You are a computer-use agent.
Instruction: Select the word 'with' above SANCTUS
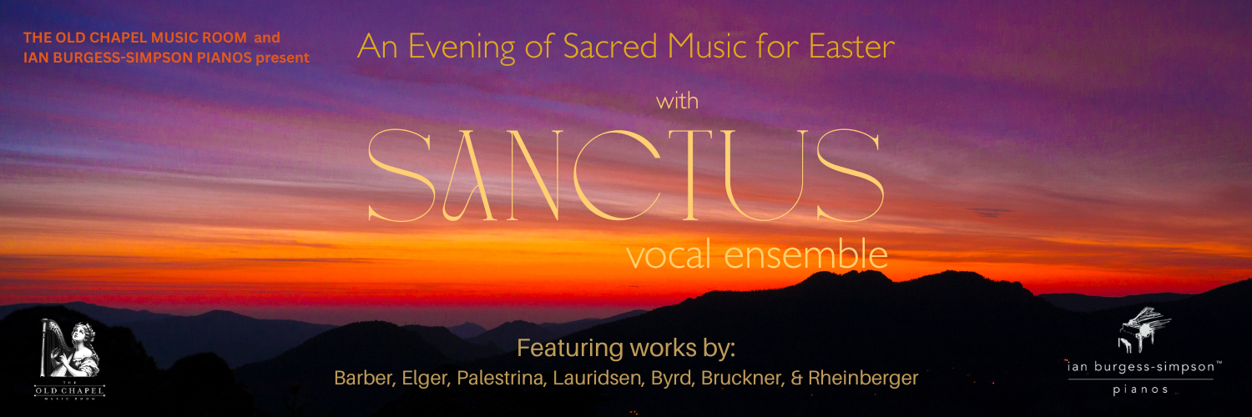click(677, 103)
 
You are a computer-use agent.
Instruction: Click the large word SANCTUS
click(626, 176)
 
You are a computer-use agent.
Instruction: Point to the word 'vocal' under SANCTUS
click(668, 255)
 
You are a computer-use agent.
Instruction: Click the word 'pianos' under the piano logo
click(1141, 389)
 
